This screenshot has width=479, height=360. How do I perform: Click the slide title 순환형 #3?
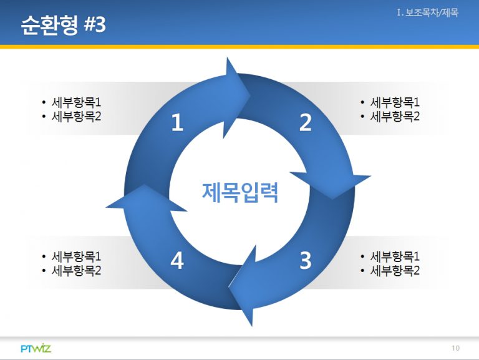(x=64, y=24)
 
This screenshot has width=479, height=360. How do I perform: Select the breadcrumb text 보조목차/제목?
(x=432, y=13)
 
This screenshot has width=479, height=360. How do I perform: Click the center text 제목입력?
(x=240, y=193)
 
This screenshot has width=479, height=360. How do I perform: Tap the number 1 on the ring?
(x=177, y=122)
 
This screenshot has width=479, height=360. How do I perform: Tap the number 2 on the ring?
(x=306, y=122)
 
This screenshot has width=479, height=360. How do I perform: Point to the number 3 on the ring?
(x=306, y=260)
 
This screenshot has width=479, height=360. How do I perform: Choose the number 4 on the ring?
(x=177, y=260)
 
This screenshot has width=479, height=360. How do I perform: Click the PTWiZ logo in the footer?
(x=36, y=348)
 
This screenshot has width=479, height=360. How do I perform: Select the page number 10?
(x=455, y=348)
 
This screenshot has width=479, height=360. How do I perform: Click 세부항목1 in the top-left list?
(x=76, y=102)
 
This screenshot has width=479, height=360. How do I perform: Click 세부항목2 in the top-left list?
(x=76, y=117)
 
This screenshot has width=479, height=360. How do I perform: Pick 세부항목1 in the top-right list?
(x=395, y=102)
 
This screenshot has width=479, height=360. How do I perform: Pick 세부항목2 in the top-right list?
(x=395, y=117)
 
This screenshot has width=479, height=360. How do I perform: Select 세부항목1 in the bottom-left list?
(x=76, y=256)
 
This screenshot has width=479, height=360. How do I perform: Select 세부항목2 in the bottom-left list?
(x=76, y=270)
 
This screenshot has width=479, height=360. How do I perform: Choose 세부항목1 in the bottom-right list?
(x=395, y=256)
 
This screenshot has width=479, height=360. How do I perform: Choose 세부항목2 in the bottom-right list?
(x=395, y=270)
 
